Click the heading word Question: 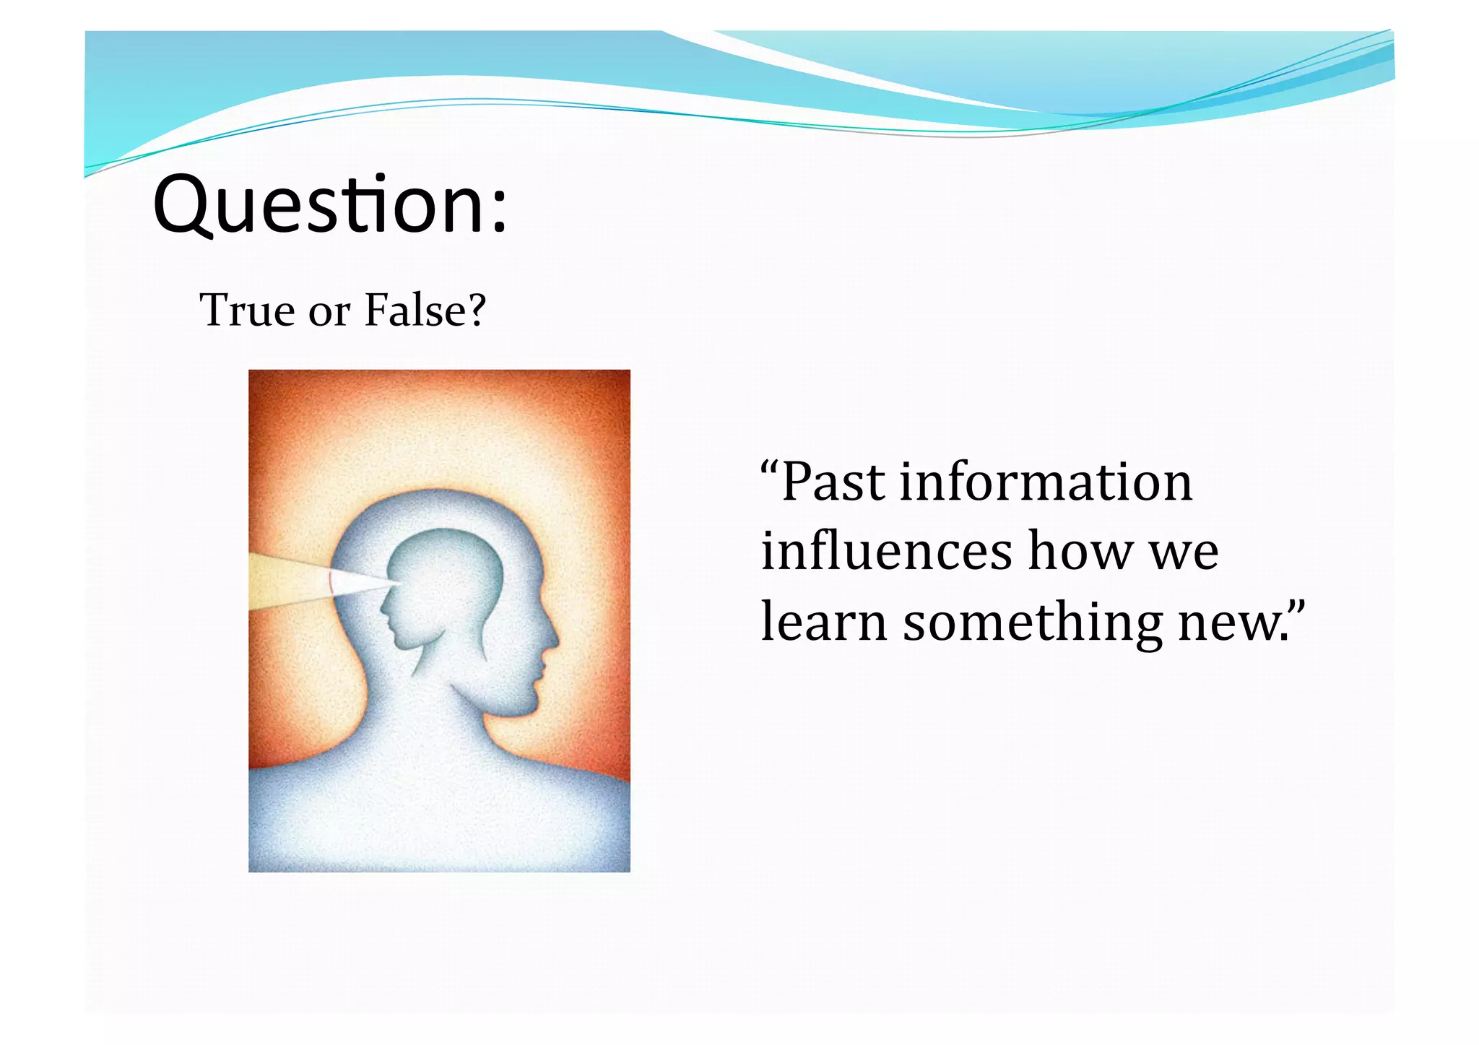(330, 206)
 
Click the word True (247, 311)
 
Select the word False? (425, 311)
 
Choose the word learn (823, 621)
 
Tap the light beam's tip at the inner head (399, 582)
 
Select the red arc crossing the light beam (330, 581)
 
